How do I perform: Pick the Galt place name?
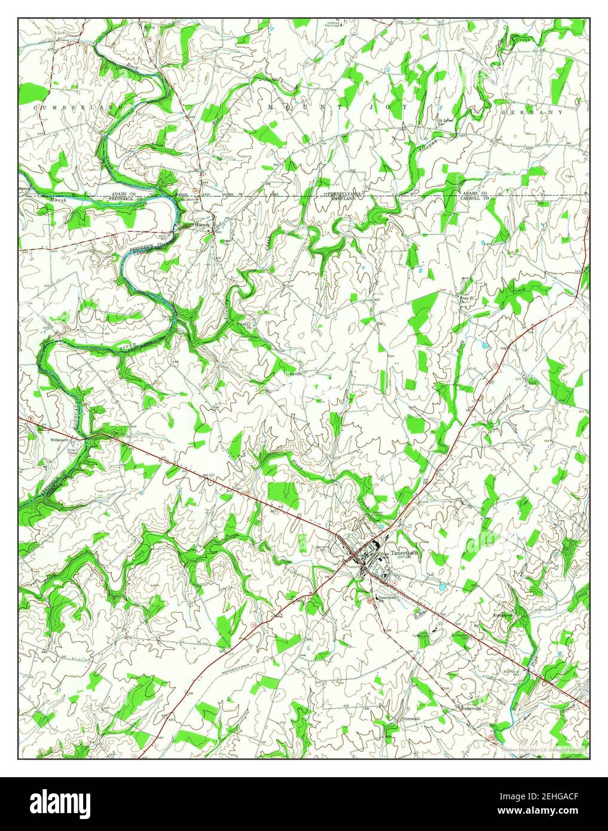pyautogui.click(x=533, y=383)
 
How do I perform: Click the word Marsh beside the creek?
pyautogui.click(x=60, y=201)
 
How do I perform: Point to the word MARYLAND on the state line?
pyautogui.click(x=343, y=198)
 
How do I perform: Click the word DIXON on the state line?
pyautogui.click(x=227, y=195)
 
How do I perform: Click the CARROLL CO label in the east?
pyautogui.click(x=473, y=198)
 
